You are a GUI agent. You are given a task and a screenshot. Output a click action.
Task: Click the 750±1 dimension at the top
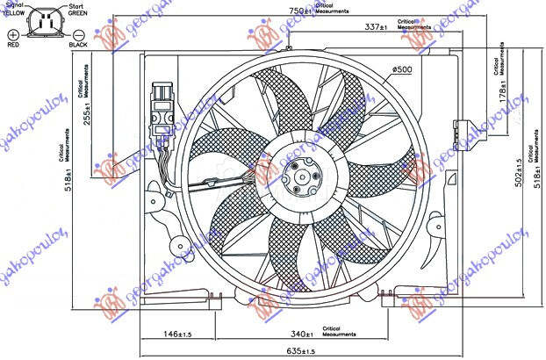pos(301,11)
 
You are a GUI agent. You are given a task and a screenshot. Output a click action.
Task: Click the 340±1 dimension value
pos(302,334)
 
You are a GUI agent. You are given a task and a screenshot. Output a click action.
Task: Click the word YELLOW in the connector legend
pos(13,12)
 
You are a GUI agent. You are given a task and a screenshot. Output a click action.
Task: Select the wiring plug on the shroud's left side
pos(161,110)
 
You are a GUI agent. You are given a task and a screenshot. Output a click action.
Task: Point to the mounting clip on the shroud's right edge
pos(458,128)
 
